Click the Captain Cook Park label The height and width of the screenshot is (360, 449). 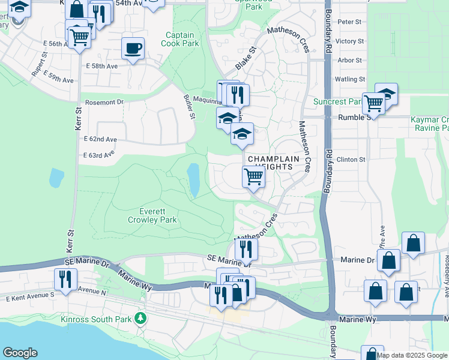click(x=182, y=39)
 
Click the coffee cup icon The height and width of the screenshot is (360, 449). click(x=133, y=48)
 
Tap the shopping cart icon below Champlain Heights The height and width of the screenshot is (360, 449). click(x=253, y=177)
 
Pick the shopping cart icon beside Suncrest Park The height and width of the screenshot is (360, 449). click(x=373, y=104)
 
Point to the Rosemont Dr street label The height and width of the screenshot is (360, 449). click(x=103, y=102)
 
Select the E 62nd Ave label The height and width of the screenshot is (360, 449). click(x=100, y=139)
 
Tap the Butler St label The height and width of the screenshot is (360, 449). click(x=190, y=107)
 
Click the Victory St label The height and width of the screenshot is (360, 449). click(x=349, y=41)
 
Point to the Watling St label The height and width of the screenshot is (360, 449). click(x=349, y=79)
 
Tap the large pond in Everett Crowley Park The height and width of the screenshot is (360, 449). click(x=193, y=179)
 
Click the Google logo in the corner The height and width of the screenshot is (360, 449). click(x=20, y=353)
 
